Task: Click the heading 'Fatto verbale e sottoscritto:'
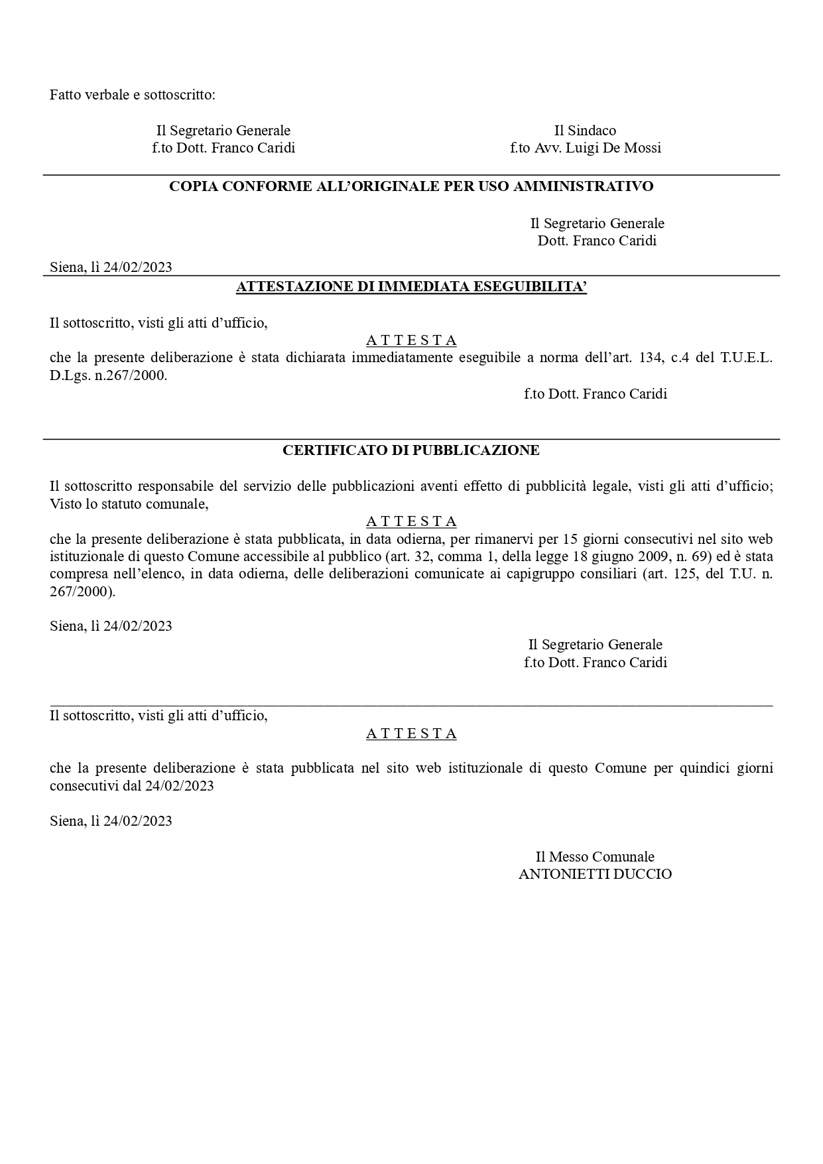(133, 95)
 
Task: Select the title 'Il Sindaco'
(585, 131)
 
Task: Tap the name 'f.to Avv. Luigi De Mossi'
(585, 148)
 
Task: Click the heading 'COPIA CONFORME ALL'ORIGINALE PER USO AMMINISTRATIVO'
(411, 186)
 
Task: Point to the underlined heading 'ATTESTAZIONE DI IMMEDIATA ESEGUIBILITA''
(411, 287)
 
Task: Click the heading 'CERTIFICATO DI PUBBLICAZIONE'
(411, 450)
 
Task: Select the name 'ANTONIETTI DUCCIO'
(595, 874)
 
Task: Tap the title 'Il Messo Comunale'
(595, 857)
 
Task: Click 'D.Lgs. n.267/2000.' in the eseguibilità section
(109, 376)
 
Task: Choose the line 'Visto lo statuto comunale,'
(129, 504)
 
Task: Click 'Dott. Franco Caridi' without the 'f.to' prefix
(597, 241)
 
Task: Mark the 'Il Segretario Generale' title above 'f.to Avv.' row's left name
(223, 131)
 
